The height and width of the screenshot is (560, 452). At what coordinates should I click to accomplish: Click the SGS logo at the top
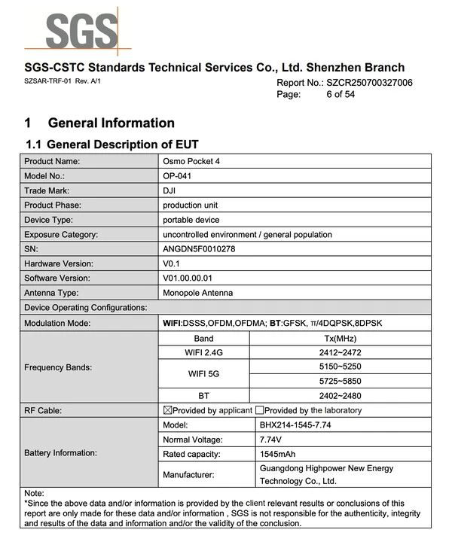[x=82, y=30]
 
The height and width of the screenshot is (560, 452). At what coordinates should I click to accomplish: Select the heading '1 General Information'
[x=99, y=123]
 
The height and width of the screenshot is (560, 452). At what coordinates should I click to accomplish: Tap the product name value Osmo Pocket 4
[x=191, y=161]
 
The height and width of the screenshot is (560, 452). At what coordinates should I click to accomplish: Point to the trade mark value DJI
[x=169, y=190]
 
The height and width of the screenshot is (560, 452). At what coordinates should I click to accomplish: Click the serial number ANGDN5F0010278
[x=199, y=249]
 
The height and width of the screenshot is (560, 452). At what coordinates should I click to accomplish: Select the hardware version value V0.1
[x=173, y=263]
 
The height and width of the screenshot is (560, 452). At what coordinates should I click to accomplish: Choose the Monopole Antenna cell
[x=198, y=293]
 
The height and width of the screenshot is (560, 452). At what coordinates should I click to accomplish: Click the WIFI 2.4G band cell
[x=203, y=352]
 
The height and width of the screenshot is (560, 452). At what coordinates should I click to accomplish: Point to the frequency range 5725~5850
[x=340, y=381]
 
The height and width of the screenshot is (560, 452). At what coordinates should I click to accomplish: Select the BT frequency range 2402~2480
[x=340, y=395]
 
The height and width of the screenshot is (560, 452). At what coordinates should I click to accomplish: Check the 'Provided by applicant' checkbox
[x=168, y=410]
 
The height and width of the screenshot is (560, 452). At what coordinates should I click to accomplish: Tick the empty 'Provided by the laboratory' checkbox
[x=259, y=410]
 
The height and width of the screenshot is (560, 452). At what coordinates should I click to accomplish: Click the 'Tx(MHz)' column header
[x=340, y=338]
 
